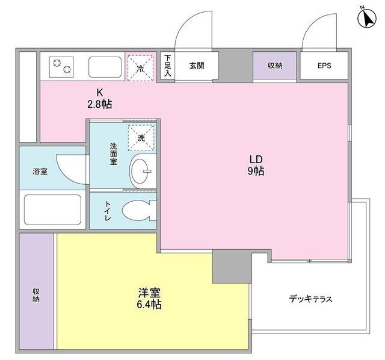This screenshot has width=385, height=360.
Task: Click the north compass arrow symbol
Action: pos(366,19)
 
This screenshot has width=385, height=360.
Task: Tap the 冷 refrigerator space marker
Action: pos(140,66)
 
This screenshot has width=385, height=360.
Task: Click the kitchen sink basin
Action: pos(105,66)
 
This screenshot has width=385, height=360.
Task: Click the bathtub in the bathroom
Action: pos(52,209)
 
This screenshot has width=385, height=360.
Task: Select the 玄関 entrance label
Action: pos(196,66)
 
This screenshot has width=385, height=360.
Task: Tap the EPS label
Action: pos(324,66)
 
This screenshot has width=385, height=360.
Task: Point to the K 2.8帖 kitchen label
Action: pos(99,98)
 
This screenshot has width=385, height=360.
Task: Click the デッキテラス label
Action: pos(310,299)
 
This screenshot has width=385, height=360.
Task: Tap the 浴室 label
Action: pos(40,171)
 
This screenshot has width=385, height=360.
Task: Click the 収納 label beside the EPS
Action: pos(275,66)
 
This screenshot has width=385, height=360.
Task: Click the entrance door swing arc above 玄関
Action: pos(194,30)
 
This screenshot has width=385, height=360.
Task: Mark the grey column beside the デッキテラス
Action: pos(232,267)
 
